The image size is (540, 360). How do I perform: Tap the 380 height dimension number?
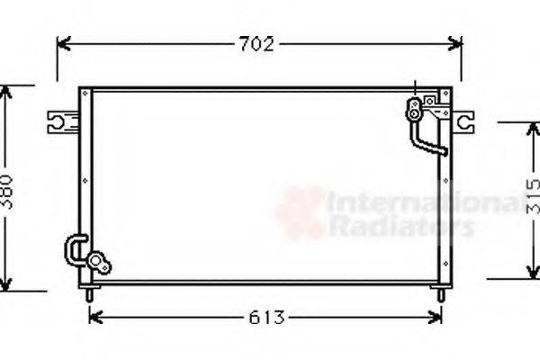(x=7, y=190)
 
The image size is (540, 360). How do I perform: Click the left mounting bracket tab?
(x=60, y=121)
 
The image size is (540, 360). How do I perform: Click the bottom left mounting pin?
(x=88, y=294)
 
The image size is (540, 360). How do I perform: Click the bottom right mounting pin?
(x=438, y=294)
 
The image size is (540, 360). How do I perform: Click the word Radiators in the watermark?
(x=400, y=226)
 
